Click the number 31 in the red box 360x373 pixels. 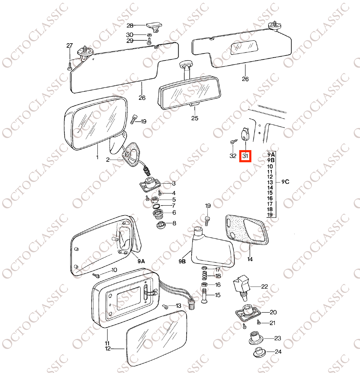point(245,156)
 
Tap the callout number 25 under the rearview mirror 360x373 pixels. point(195,118)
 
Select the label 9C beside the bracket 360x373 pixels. point(285,182)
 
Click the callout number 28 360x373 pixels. point(130,25)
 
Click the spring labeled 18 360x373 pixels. point(205,276)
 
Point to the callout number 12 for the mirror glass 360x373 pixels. point(108,348)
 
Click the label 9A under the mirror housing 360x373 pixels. point(141,261)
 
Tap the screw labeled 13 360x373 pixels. point(165,307)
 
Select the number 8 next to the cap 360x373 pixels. point(174,223)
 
